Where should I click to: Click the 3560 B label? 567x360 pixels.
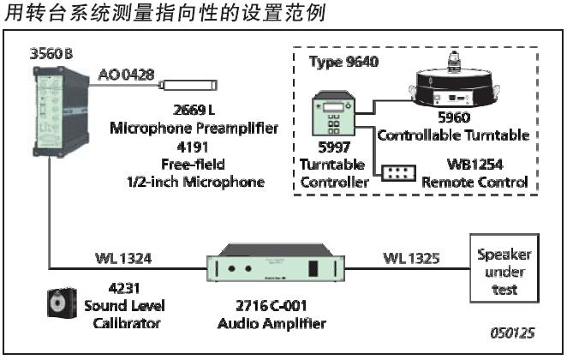51,54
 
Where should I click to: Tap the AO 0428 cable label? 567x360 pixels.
126,75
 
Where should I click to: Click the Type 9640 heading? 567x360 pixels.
343,61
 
